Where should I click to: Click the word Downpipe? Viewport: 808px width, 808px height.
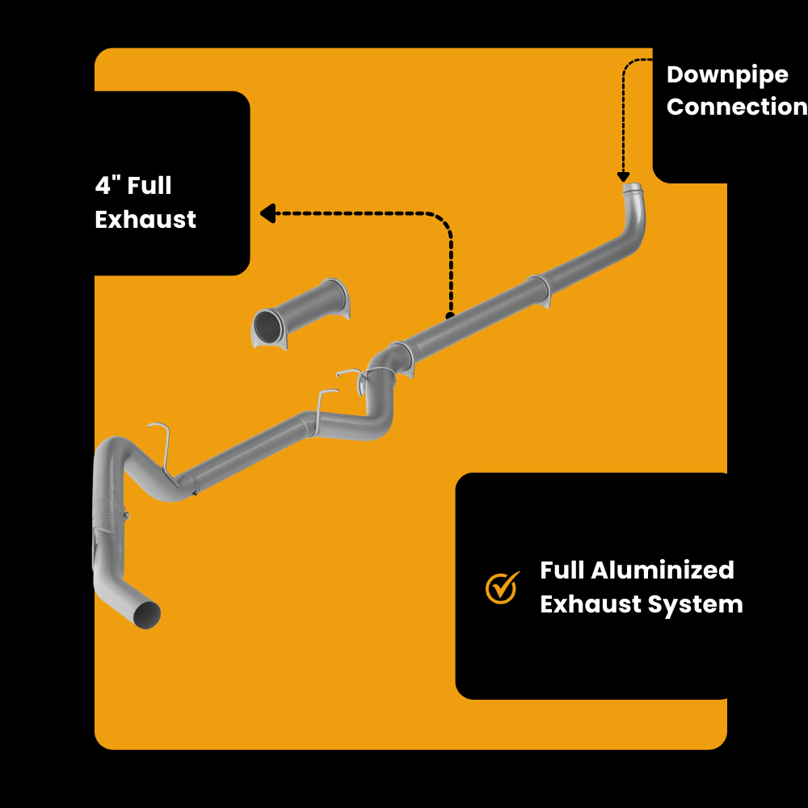point(727,75)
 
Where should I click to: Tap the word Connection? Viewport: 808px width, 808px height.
point(736,107)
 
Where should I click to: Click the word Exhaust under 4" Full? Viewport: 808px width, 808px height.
point(145,219)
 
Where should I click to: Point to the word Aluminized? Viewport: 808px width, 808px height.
point(663,570)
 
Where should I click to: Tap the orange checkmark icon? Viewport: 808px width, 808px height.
point(502,587)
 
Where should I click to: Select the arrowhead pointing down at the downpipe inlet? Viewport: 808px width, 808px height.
point(623,177)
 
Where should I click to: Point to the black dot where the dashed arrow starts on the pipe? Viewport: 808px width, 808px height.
point(450,315)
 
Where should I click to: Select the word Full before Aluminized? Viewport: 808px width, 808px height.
point(562,570)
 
